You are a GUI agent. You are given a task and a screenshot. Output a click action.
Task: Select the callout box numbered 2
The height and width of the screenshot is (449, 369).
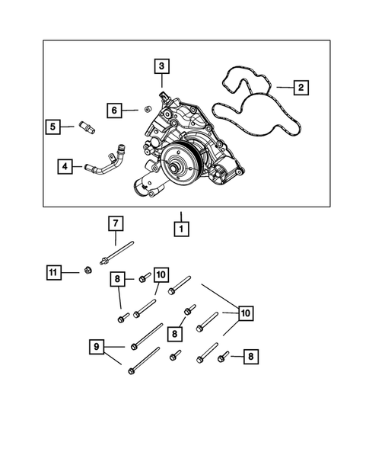point(301,88)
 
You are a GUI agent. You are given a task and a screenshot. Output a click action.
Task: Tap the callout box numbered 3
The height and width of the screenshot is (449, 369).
point(161,66)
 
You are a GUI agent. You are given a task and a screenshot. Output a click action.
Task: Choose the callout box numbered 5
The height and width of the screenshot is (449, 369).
point(52,127)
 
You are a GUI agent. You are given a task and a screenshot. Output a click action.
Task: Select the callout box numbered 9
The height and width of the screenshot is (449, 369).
point(95,348)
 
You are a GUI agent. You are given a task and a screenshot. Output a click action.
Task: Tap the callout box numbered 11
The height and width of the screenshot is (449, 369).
point(52,272)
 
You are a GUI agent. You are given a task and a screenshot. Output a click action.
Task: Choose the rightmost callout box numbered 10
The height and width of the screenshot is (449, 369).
point(245,313)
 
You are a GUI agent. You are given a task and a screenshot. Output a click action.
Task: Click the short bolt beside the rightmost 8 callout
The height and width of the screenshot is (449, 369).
point(223,356)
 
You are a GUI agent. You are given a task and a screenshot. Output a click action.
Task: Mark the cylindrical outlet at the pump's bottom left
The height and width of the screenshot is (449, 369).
point(144,185)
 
